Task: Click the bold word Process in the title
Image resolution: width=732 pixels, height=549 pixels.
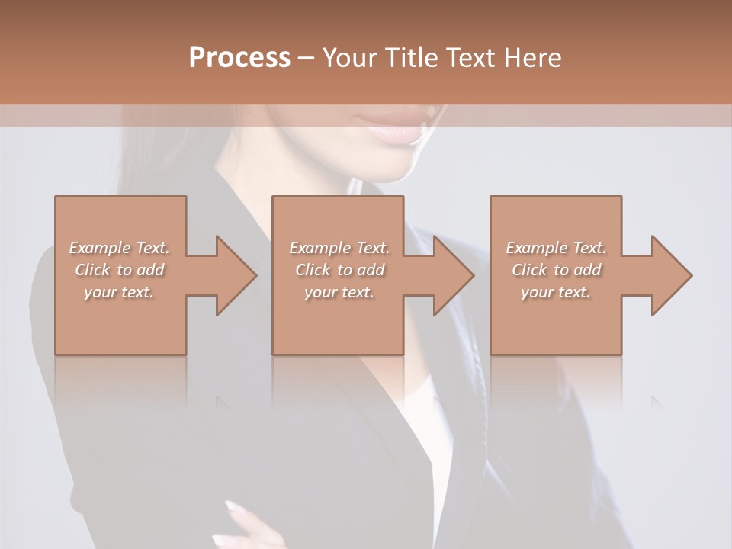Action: point(239,58)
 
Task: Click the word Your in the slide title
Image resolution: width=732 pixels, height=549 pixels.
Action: point(352,58)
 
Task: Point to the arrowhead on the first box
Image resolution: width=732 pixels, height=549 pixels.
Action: point(233,275)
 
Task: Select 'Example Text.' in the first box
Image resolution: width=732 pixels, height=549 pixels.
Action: point(119,248)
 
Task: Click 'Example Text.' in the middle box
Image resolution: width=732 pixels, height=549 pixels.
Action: point(339,248)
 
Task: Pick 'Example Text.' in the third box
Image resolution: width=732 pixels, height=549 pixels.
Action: point(556,248)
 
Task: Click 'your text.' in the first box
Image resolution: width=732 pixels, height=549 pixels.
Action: point(119,292)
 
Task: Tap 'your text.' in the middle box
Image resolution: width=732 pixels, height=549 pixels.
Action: point(339,292)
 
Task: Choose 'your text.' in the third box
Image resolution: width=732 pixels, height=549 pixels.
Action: point(556,292)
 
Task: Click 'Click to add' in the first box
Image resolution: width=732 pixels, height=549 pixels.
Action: point(119,270)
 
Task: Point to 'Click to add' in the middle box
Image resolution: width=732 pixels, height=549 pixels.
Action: point(339,270)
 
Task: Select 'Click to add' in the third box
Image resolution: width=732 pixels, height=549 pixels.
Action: point(556,270)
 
